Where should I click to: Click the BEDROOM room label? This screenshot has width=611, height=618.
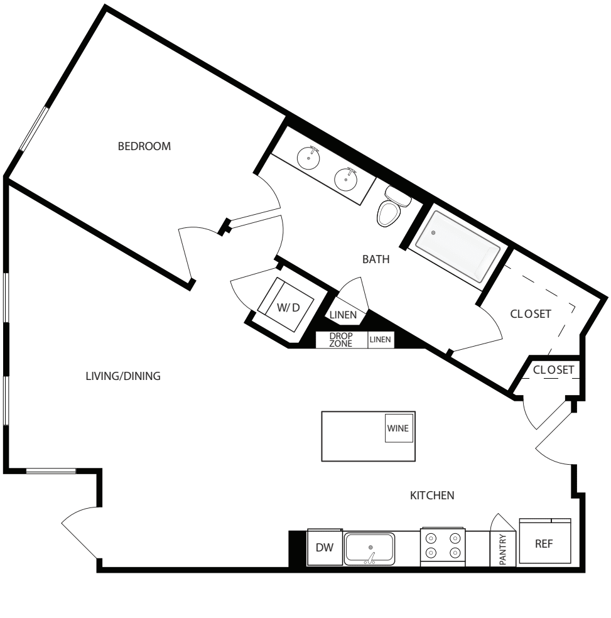pos(144,146)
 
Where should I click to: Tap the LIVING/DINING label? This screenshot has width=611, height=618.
pos(123,376)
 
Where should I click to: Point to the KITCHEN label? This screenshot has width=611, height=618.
pos(431,496)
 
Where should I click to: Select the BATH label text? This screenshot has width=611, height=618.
pos(376,259)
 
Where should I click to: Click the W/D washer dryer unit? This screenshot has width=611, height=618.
pos(288,307)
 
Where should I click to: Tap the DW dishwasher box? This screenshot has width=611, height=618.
pos(324,548)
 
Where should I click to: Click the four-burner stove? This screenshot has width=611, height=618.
pos(443,546)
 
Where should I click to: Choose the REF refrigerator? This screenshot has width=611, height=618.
pos(544,544)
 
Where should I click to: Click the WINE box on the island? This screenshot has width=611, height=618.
pos(397,429)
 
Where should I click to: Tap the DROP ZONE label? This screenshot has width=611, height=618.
pos(341,340)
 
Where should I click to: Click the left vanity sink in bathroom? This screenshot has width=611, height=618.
pos(308,156)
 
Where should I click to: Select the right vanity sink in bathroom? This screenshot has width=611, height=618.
pos(345,179)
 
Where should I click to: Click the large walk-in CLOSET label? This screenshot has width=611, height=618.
pos(531,313)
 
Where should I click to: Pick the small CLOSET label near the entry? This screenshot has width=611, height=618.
pos(553,370)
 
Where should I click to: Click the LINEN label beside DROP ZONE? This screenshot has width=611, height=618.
pos(381,340)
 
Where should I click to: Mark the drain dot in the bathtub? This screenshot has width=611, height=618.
pos(433,233)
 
